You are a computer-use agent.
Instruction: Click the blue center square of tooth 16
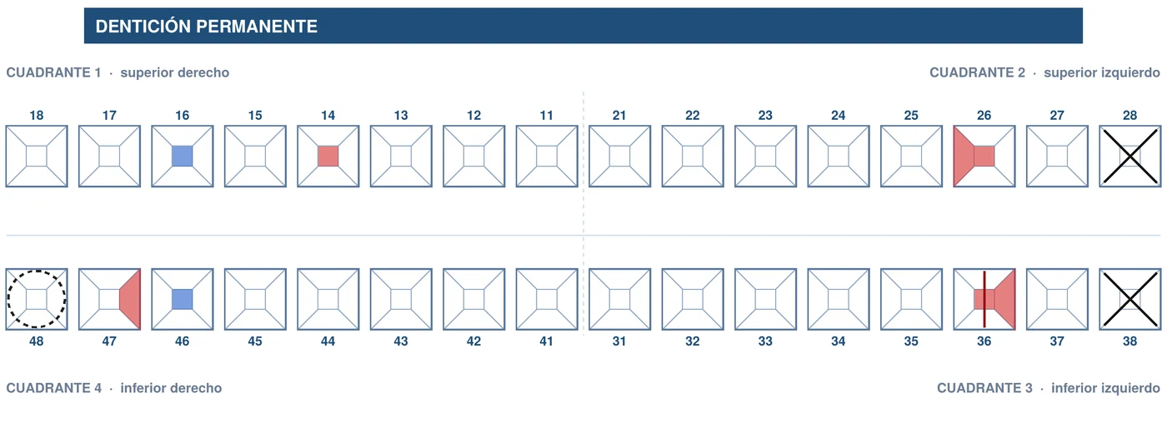(x=183, y=157)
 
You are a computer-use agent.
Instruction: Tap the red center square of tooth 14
(x=328, y=157)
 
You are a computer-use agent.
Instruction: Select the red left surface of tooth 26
(x=964, y=157)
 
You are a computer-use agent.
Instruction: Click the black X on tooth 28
(x=1130, y=157)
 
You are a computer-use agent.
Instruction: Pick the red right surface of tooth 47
(x=130, y=299)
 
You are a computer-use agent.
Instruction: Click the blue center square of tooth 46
(x=183, y=299)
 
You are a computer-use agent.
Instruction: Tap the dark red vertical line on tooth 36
(x=984, y=299)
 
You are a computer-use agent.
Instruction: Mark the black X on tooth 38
(x=1130, y=299)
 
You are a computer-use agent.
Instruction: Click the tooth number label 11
(x=547, y=115)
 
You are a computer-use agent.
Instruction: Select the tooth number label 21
(x=619, y=115)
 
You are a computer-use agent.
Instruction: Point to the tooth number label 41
(x=547, y=341)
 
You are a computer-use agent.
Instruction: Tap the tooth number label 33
(x=765, y=341)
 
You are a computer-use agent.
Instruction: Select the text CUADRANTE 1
(x=53, y=72)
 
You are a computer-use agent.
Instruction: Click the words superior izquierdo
(x=1102, y=72)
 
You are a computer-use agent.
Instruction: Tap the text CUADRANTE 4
(x=53, y=388)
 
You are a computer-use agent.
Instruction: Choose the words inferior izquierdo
(x=1105, y=388)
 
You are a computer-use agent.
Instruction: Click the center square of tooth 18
(x=37, y=157)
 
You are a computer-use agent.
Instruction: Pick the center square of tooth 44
(x=328, y=299)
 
